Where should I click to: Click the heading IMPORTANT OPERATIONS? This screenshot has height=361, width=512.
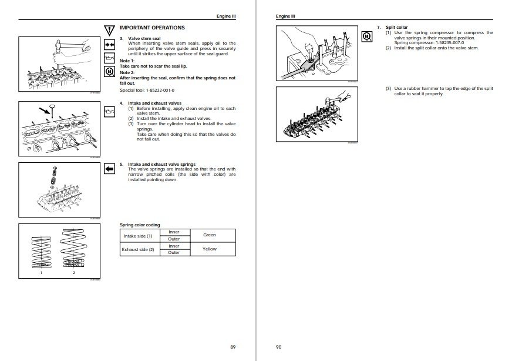click(152, 28)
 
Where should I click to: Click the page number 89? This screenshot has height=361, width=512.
click(233, 346)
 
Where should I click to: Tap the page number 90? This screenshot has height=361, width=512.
click(278, 346)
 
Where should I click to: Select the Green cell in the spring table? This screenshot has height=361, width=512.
click(209, 235)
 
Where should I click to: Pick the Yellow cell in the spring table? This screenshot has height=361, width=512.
click(209, 249)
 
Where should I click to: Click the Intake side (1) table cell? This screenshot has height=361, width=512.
click(137, 235)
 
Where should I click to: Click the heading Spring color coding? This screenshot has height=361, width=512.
click(140, 225)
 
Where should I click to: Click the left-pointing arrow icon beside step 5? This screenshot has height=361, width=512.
click(108, 169)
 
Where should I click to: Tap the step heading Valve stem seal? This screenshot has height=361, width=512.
click(143, 39)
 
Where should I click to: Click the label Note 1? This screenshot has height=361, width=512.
click(127, 61)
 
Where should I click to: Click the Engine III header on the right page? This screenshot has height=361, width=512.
click(285, 16)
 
